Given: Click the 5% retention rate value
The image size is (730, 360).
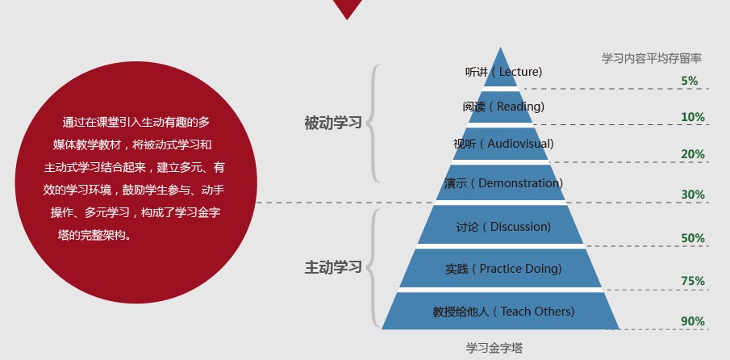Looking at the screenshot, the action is pos(690,81).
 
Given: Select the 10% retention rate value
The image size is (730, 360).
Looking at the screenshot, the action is pos(693,117).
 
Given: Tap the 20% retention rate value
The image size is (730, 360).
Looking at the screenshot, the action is pos(693,154).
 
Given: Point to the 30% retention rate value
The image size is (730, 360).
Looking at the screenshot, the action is pos(693,195).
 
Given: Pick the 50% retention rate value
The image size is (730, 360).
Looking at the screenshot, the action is pos(693,238).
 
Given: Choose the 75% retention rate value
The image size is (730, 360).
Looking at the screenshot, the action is pos(693,281).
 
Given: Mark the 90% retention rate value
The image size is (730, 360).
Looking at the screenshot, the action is pos(693,321).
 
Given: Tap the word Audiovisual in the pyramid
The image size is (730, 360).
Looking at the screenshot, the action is pos(519,144).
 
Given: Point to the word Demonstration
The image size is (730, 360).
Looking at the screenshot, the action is pos(519,183).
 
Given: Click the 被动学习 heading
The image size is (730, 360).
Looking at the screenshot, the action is pos(333,123).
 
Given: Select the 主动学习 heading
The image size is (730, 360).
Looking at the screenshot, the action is pos(333,267).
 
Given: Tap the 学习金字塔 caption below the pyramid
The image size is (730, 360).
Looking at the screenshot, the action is pos(494,348).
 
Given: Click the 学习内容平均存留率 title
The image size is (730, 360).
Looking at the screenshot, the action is pos(651,58).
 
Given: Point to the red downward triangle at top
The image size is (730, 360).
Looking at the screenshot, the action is pos(347,8).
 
